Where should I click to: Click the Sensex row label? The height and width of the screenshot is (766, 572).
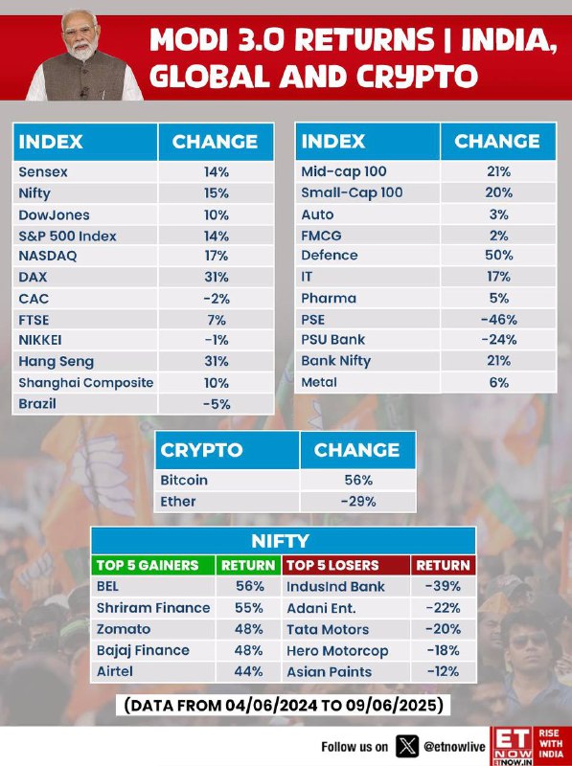(43, 172)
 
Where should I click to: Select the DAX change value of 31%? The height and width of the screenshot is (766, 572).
(217, 277)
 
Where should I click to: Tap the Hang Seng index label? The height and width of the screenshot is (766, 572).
(57, 362)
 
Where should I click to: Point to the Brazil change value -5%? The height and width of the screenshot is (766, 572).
(217, 404)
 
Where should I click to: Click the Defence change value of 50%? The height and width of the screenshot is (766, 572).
(498, 255)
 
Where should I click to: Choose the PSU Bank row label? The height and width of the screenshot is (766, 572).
(332, 340)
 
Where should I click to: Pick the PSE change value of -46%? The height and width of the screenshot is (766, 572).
(498, 320)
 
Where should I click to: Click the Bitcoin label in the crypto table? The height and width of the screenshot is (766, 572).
(184, 481)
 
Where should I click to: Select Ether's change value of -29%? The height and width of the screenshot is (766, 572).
(358, 502)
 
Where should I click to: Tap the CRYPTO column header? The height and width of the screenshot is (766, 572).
(201, 450)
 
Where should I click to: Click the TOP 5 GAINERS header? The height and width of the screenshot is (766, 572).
(148, 565)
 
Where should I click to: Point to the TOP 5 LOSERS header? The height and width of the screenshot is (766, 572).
(332, 565)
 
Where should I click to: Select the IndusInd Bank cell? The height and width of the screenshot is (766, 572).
(336, 586)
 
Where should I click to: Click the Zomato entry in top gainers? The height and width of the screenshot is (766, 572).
(124, 629)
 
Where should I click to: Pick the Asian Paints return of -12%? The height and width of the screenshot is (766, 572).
(443, 672)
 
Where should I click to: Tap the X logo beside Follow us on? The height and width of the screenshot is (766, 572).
(407, 746)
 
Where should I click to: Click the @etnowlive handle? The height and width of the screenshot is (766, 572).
(454, 747)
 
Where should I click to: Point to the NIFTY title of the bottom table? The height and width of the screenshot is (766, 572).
(280, 541)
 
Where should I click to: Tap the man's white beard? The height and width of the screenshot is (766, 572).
(83, 50)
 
